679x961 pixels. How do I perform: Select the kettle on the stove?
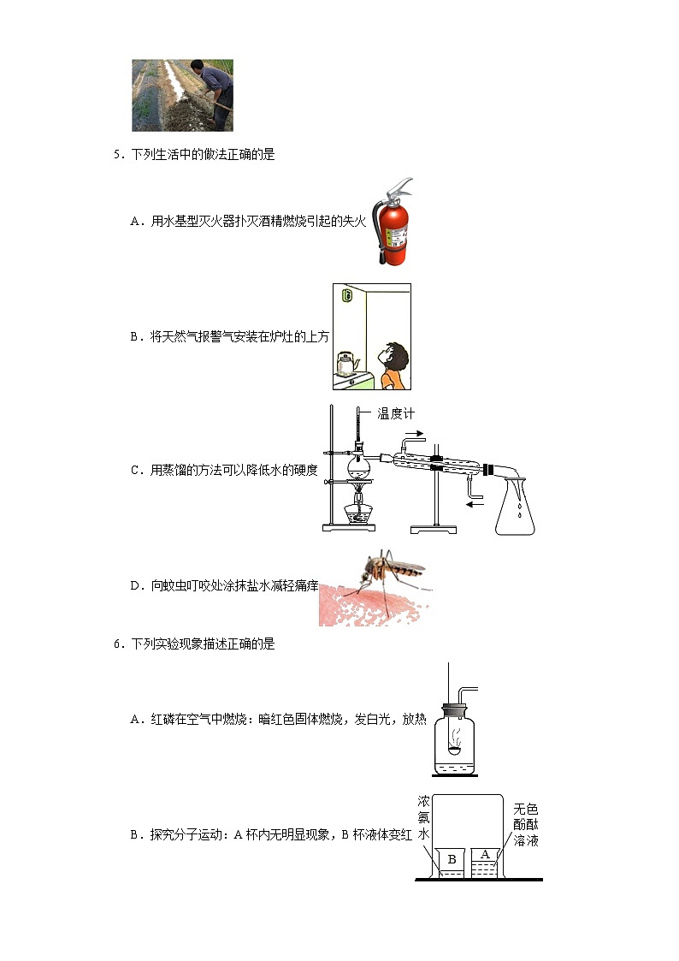tap(345, 363)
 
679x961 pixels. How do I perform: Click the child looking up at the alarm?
tap(394, 365)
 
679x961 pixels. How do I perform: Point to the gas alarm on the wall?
tap(346, 296)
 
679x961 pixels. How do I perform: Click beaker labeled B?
tap(450, 861)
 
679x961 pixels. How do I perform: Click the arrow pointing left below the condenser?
tap(475, 505)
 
